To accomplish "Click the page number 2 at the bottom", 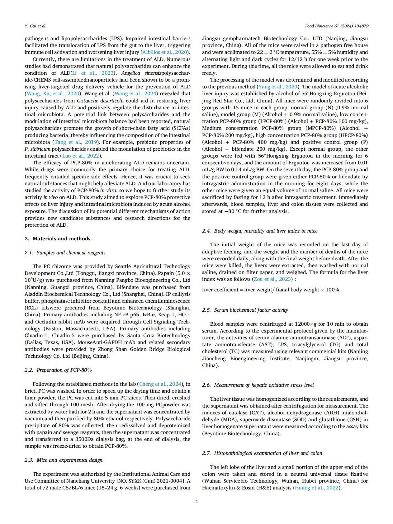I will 196,502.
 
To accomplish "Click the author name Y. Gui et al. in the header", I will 36,26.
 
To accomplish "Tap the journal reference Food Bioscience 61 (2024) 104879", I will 337,26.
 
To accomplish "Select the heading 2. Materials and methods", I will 58,238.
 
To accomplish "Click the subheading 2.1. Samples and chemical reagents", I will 65,253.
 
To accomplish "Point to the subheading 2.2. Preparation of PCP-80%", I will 58,370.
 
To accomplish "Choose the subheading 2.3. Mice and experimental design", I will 64,460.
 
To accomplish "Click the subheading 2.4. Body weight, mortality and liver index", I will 260,231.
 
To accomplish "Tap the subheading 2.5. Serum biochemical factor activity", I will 245,310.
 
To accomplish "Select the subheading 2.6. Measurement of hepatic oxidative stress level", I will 258,385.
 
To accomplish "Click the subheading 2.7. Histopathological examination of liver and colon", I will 262,453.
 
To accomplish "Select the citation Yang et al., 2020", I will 278,87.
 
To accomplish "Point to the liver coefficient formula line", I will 271,290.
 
